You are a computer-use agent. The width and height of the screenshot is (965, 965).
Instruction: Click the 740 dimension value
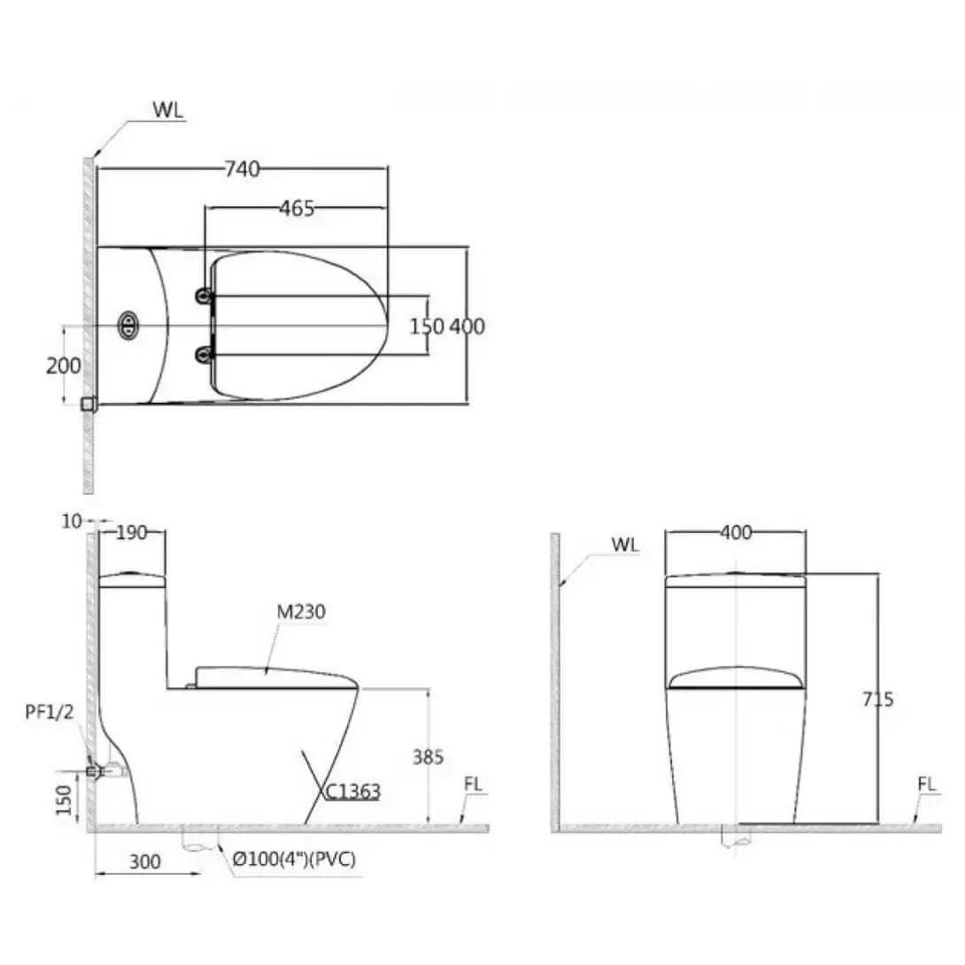pyautogui.click(x=242, y=168)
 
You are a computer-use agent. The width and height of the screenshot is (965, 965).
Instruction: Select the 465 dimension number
pyautogui.click(x=297, y=209)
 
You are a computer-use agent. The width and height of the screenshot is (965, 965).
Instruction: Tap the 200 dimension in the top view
pyautogui.click(x=63, y=366)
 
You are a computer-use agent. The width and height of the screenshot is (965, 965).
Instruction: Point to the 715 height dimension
pyautogui.click(x=877, y=699)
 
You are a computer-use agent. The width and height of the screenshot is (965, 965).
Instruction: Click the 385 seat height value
pyautogui.click(x=428, y=756)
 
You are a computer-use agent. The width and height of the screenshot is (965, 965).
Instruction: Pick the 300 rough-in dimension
pyautogui.click(x=144, y=861)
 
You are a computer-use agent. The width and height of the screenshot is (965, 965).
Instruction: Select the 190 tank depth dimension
pyautogui.click(x=131, y=532)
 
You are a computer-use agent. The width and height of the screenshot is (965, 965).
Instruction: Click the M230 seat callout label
pyautogui.click(x=301, y=612)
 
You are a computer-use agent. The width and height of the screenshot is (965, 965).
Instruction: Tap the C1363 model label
pyautogui.click(x=352, y=791)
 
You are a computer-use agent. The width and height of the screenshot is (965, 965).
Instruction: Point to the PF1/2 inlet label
pyautogui.click(x=50, y=712)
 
